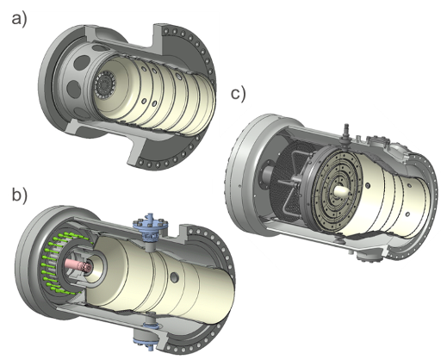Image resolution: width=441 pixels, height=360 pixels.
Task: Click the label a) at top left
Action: coord(19,20)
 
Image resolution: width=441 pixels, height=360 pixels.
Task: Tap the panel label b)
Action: coord(20,195)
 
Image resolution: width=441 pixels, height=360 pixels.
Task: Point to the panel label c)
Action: coord(239,93)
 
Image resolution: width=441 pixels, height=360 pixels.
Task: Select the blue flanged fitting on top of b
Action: coord(151,227)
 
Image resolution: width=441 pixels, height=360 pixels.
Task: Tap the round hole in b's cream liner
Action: coord(175,277)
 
